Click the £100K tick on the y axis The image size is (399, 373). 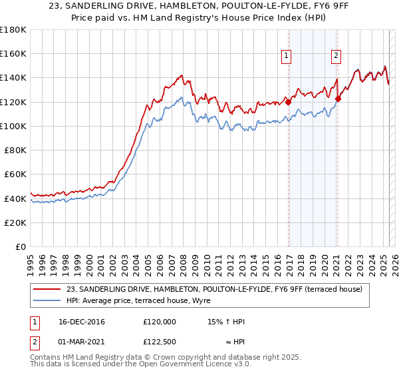click(13, 126)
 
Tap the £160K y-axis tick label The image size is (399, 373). click(13, 53)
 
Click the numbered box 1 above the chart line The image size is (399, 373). click(287, 57)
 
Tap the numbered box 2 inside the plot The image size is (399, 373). click(336, 57)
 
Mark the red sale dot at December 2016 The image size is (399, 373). click(288, 102)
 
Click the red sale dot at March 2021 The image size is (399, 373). click(338, 99)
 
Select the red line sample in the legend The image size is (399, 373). click(49, 289)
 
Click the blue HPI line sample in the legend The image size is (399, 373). click(49, 300)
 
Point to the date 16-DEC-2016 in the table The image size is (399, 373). click(82, 322)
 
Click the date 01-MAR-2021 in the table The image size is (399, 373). click(82, 343)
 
